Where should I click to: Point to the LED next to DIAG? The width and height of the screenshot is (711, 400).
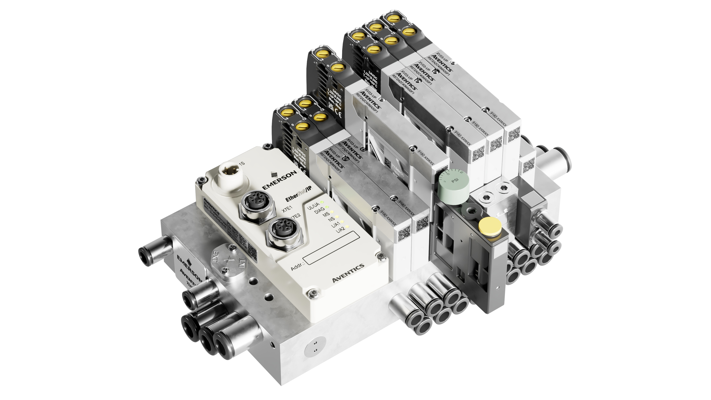point(327,207)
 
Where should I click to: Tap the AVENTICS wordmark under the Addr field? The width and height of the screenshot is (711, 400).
point(348,273)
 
